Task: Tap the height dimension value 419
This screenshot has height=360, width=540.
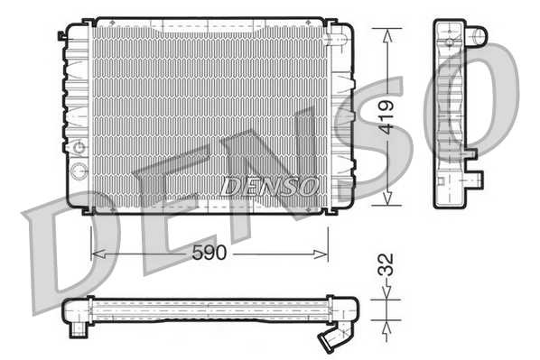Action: pyautogui.click(x=387, y=118)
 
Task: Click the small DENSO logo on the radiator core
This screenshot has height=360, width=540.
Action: pyautogui.click(x=269, y=186)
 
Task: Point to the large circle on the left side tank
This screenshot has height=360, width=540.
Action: pyautogui.click(x=79, y=171)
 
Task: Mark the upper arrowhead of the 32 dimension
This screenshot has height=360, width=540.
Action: pyautogui.click(x=386, y=295)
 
